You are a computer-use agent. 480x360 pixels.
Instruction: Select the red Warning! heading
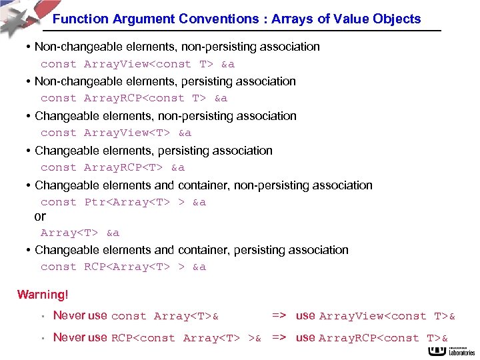coord(43,294)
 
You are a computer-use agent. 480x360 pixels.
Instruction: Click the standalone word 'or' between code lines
coord(40,216)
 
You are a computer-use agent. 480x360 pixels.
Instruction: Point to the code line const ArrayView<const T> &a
coord(137,64)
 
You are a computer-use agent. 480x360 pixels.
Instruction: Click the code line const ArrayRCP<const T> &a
coord(133,98)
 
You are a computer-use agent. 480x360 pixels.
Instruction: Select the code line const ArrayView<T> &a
coord(116,133)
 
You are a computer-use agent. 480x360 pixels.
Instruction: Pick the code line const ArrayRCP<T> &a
coord(112,167)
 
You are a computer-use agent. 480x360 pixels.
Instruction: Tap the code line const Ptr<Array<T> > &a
coord(123,202)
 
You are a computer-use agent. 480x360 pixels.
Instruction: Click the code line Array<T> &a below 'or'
coord(80,233)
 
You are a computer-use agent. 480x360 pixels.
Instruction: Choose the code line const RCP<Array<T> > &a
coord(123,267)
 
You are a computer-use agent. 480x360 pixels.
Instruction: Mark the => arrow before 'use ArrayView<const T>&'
coord(279,316)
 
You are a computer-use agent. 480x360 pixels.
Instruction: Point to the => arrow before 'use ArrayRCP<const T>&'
coord(279,338)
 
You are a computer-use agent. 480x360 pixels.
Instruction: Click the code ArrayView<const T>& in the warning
coord(387,316)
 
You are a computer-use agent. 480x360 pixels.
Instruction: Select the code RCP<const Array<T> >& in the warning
coord(186,338)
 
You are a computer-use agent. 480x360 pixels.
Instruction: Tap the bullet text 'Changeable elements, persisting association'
coord(153,150)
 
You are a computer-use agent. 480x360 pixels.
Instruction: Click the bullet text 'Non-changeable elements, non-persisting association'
coord(177,47)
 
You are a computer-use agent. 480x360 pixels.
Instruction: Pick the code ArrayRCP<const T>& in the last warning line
coord(383,338)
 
